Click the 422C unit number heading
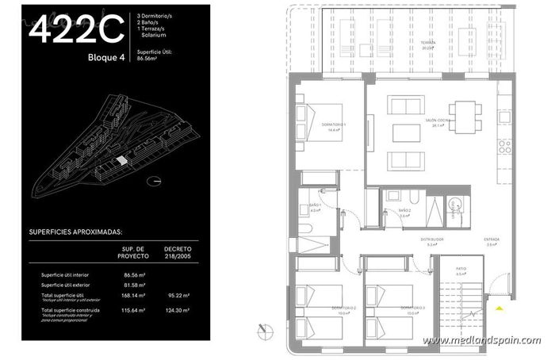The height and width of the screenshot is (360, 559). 76,29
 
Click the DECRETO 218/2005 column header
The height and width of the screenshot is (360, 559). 178,252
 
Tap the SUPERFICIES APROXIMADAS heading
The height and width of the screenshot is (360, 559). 75,234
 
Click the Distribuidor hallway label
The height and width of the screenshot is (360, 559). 431,239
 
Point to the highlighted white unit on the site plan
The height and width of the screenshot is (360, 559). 121,160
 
